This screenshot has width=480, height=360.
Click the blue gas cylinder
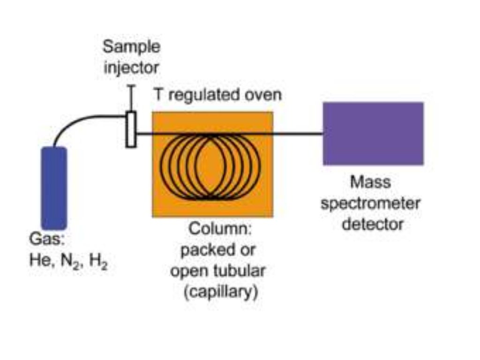tap(54, 187)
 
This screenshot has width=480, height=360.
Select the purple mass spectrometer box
tap(373, 134)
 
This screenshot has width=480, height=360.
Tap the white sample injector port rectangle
tap(131, 129)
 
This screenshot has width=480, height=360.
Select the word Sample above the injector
tap(131, 47)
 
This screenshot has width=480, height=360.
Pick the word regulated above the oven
tap(205, 95)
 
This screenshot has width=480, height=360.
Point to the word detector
tap(372, 224)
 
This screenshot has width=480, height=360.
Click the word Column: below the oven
tap(214, 230)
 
